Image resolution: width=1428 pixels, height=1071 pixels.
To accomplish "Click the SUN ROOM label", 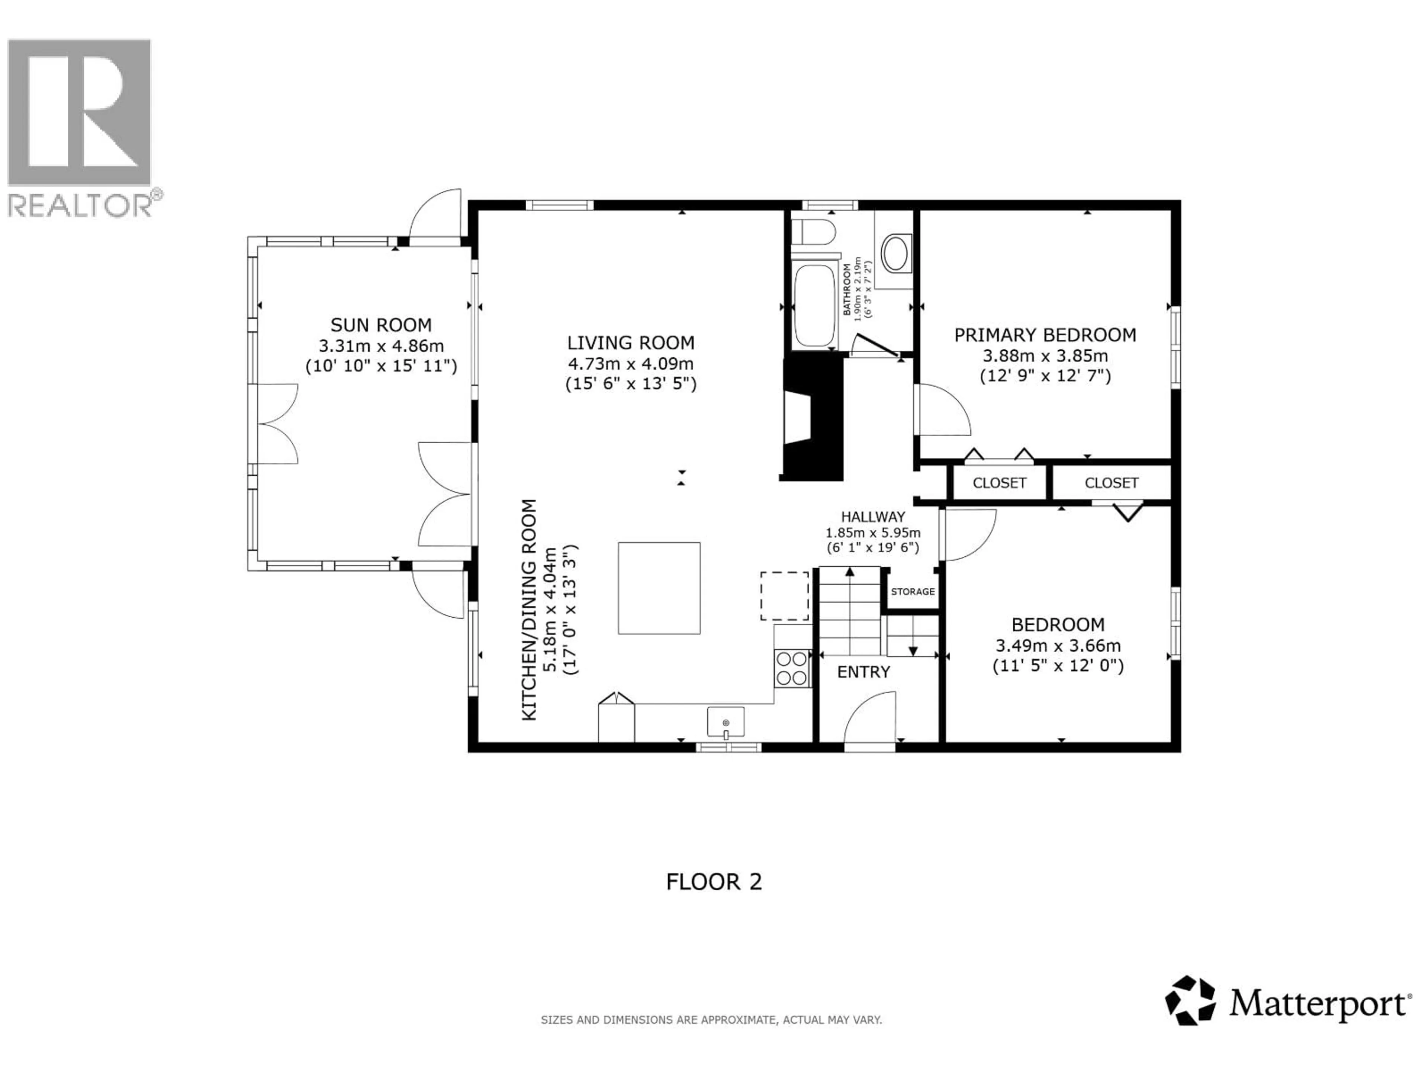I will coord(381,325).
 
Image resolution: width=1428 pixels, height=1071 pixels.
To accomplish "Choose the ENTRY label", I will coord(863,672).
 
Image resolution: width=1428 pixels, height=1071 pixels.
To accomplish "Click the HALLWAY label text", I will coord(873,517).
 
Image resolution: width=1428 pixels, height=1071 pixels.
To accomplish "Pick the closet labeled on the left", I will coord(999,483).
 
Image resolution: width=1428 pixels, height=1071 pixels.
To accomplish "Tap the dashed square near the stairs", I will coord(784,596).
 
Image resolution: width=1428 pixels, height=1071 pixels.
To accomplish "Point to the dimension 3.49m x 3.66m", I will coord(1058,645).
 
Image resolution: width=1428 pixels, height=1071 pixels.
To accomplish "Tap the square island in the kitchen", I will coord(659,588).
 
